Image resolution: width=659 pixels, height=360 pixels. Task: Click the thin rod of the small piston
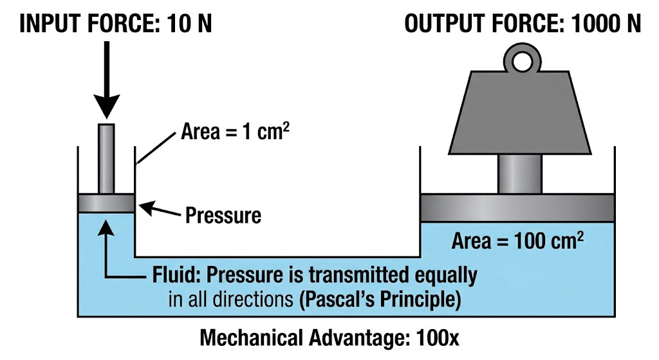point(106,158)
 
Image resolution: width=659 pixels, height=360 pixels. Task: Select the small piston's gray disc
point(106,203)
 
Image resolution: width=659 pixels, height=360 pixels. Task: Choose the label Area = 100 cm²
point(517,242)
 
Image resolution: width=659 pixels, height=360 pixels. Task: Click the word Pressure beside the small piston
point(223,214)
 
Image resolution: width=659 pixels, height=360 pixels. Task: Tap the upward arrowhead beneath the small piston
point(106,223)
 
